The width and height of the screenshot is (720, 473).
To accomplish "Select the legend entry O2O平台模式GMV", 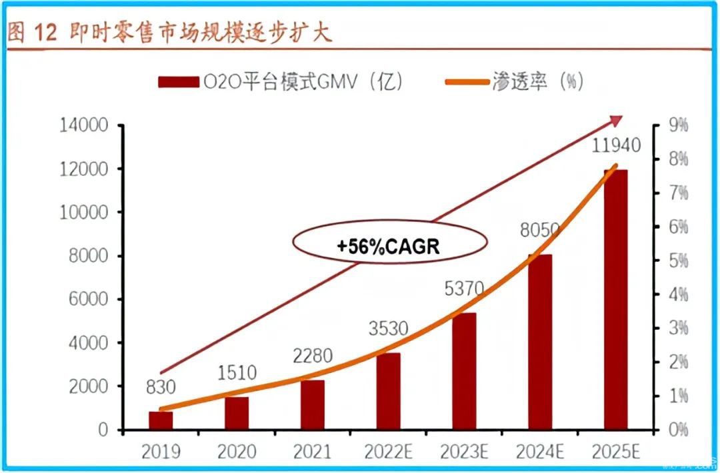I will tap(280, 82).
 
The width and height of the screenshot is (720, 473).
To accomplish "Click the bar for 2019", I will tap(161, 420).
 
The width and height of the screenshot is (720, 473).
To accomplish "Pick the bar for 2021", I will tap(312, 404).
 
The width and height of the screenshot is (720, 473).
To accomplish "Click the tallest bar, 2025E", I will tap(615, 300).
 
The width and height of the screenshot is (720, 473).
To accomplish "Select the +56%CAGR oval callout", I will tap(389, 245).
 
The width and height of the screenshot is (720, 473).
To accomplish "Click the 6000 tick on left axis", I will tap(89, 299).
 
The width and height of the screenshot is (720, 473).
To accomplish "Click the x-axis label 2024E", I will tap(540, 452).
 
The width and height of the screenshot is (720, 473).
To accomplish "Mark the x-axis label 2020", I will tap(237, 452).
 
